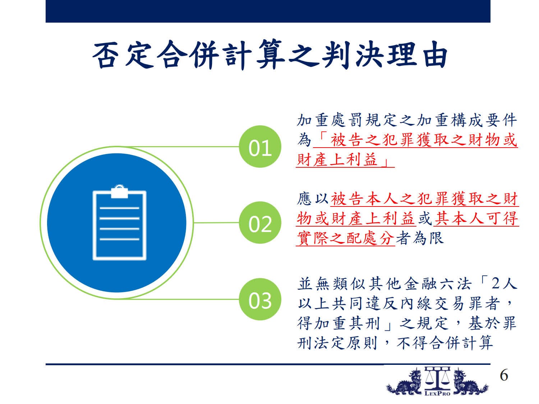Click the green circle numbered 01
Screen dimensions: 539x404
(x=260, y=147)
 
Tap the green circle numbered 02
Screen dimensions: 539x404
(x=260, y=223)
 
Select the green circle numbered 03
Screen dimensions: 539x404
(x=260, y=299)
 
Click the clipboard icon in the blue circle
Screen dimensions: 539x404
(x=119, y=222)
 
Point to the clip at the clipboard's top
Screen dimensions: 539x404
(x=119, y=191)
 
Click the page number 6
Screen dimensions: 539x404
(x=504, y=375)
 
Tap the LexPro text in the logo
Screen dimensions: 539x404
(x=437, y=394)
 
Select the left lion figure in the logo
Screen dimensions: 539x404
(x=405, y=381)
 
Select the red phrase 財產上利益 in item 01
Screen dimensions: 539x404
(x=337, y=160)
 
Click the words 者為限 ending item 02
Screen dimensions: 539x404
(x=420, y=238)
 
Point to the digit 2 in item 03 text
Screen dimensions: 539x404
(x=495, y=284)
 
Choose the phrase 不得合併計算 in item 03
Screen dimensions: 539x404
(x=445, y=343)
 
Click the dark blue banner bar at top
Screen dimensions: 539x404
(x=268, y=11)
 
